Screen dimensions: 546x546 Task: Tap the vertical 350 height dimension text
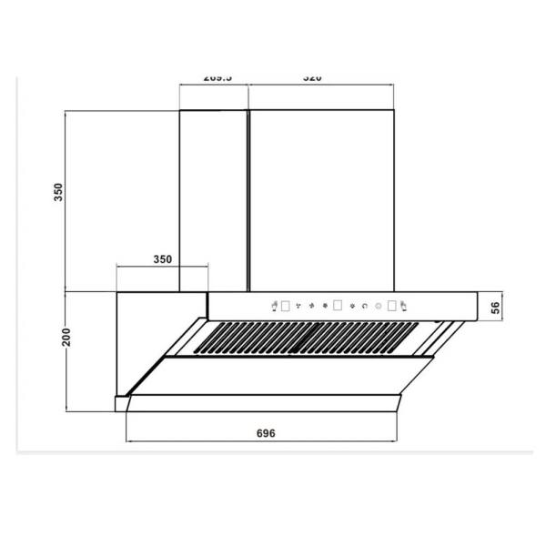pyautogui.click(x=58, y=192)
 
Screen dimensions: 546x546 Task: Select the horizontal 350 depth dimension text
pyautogui.click(x=162, y=259)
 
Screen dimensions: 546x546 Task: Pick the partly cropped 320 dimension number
pyautogui.click(x=311, y=79)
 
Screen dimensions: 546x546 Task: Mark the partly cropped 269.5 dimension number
pyautogui.click(x=217, y=79)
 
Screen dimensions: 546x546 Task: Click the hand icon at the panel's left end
pyautogui.click(x=274, y=306)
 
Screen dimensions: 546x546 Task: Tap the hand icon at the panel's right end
pyautogui.click(x=406, y=306)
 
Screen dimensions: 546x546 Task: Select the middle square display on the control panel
pyautogui.click(x=338, y=306)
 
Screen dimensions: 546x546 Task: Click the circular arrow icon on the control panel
pyautogui.click(x=365, y=306)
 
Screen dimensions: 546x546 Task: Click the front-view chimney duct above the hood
pyautogui.click(x=321, y=200)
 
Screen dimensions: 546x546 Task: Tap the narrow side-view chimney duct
pyautogui.click(x=213, y=200)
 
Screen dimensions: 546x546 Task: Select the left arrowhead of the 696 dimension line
pyautogui.click(x=128, y=443)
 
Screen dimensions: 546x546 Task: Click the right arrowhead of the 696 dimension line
pyautogui.click(x=396, y=443)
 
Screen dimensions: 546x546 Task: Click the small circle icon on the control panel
pyautogui.click(x=378, y=306)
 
